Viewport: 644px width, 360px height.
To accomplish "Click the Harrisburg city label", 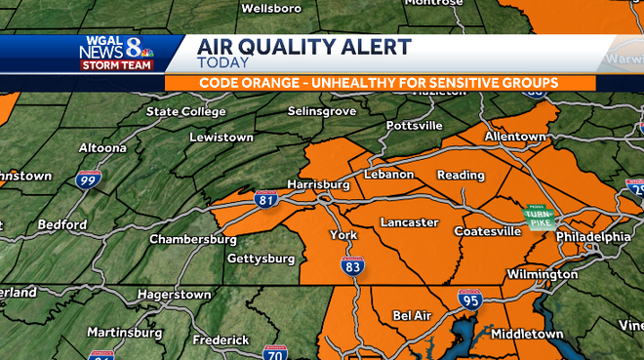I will (318, 183).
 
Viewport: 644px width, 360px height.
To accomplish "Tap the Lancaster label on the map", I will (409, 222).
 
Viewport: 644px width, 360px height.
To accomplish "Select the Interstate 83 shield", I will (353, 264).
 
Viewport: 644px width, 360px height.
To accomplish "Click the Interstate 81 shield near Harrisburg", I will (265, 200).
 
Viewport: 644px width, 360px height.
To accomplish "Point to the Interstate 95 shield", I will (468, 300).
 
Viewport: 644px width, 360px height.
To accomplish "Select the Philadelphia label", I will (593, 237).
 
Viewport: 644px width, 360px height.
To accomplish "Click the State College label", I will (185, 111).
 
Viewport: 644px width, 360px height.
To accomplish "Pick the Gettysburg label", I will (261, 259).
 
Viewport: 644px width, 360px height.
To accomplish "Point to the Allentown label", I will (514, 137).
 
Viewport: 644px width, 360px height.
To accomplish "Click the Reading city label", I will (461, 176).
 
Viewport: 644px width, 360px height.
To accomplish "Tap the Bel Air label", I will (413, 316).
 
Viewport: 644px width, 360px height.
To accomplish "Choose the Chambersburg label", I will (193, 239).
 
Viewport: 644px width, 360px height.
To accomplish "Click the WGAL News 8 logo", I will (116, 53).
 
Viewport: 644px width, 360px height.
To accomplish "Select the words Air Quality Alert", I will (303, 47).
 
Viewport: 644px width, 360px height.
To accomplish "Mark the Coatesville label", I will (487, 231).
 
